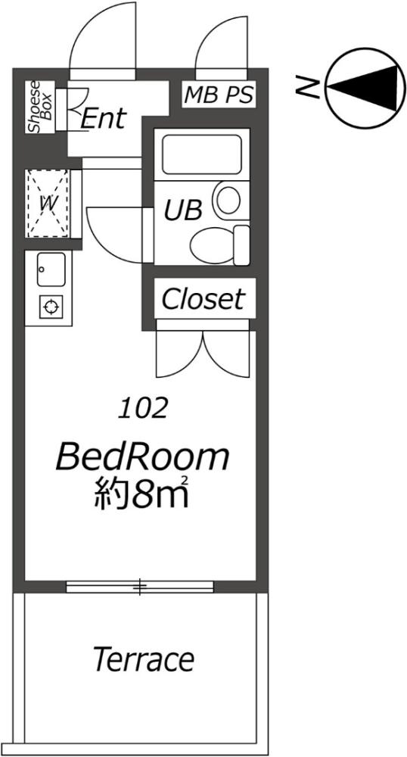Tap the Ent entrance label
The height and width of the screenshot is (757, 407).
(103, 118)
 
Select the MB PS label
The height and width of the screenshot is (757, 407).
(219, 95)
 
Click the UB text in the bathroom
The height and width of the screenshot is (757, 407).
(183, 210)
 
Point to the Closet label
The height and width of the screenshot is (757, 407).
(203, 299)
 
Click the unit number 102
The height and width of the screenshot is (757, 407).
(142, 409)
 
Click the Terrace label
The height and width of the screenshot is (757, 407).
(144, 659)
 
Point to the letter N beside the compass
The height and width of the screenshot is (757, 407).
(306, 88)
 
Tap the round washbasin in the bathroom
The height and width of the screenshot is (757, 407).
(227, 201)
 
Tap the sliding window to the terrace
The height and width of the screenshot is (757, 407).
(140, 586)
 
